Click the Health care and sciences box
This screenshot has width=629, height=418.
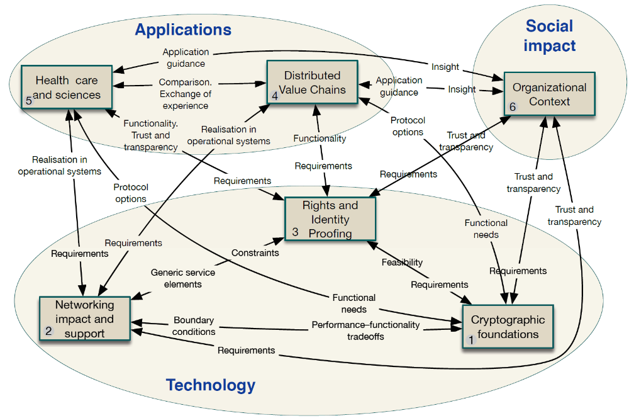67,88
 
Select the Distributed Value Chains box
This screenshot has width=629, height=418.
312,82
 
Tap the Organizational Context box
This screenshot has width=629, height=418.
540,94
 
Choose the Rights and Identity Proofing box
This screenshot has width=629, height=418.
330,218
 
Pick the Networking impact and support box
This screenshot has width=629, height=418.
84,319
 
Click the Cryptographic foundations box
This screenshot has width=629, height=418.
508,326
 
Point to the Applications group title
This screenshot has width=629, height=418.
183,30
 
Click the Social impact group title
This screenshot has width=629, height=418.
550,35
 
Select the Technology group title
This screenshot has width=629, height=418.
211,385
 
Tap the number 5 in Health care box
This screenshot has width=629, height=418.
29,101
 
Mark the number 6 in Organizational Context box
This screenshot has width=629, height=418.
513,108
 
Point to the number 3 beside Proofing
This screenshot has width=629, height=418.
295,232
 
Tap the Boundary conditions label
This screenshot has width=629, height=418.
194,325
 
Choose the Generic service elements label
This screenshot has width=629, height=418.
182,278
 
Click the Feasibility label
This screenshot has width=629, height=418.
402,262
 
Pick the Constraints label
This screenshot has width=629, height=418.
255,253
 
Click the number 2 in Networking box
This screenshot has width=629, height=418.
49,332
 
